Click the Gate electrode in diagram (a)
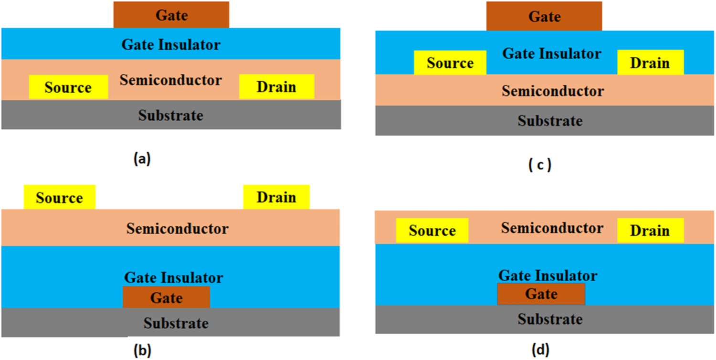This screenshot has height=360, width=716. [x=171, y=14]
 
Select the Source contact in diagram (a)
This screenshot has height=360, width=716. [x=68, y=87]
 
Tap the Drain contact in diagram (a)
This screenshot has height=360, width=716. [x=276, y=86]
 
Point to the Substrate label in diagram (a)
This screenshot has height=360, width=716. [x=171, y=115]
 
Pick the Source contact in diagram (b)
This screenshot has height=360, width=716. [x=60, y=198]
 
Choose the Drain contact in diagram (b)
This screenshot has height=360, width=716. [x=276, y=197]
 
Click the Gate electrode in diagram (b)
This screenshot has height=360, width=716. [x=166, y=297]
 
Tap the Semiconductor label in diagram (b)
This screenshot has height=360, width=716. [x=177, y=228]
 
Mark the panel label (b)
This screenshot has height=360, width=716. [x=142, y=350]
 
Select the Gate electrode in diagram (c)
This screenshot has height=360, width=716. [x=544, y=16]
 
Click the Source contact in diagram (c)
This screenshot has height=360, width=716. [x=450, y=63]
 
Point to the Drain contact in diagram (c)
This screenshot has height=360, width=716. [x=650, y=63]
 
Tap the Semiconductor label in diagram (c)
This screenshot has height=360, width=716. [x=552, y=91]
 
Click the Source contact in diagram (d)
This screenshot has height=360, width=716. [x=432, y=231]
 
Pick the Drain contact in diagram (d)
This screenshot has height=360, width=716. [x=650, y=231]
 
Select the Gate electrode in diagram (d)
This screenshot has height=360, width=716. [x=541, y=294]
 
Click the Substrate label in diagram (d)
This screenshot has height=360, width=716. [x=550, y=319]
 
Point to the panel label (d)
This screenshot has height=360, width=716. [x=540, y=350]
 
